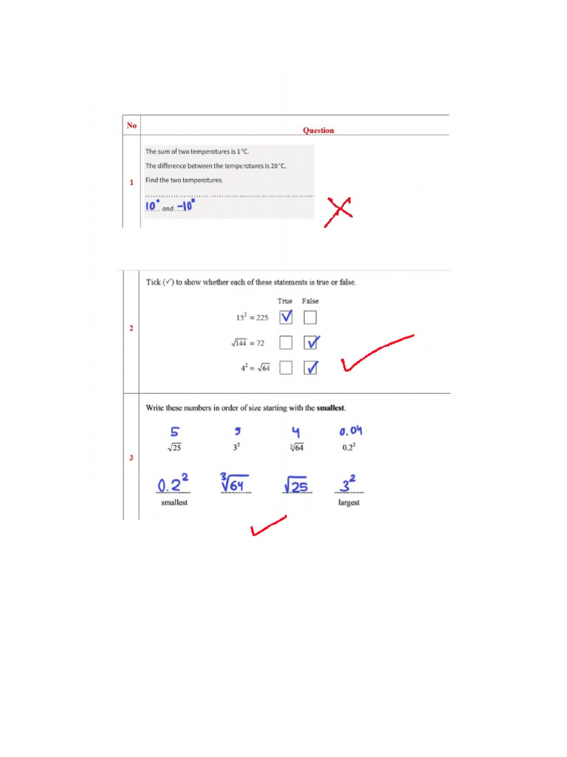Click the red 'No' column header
(x=131, y=126)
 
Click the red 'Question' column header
(x=318, y=130)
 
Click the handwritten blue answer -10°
(x=185, y=206)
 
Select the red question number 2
(x=131, y=328)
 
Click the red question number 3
(x=131, y=458)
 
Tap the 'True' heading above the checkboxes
(x=285, y=301)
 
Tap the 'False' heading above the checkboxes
(x=310, y=301)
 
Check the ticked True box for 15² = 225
(x=286, y=318)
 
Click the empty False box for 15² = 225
(x=310, y=318)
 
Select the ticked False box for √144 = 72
(x=311, y=342)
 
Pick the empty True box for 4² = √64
(x=286, y=367)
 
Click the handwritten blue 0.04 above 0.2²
(x=350, y=432)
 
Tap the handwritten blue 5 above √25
(x=174, y=432)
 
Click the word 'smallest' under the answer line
(x=174, y=503)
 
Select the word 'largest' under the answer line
(x=348, y=503)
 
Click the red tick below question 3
(x=267, y=526)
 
